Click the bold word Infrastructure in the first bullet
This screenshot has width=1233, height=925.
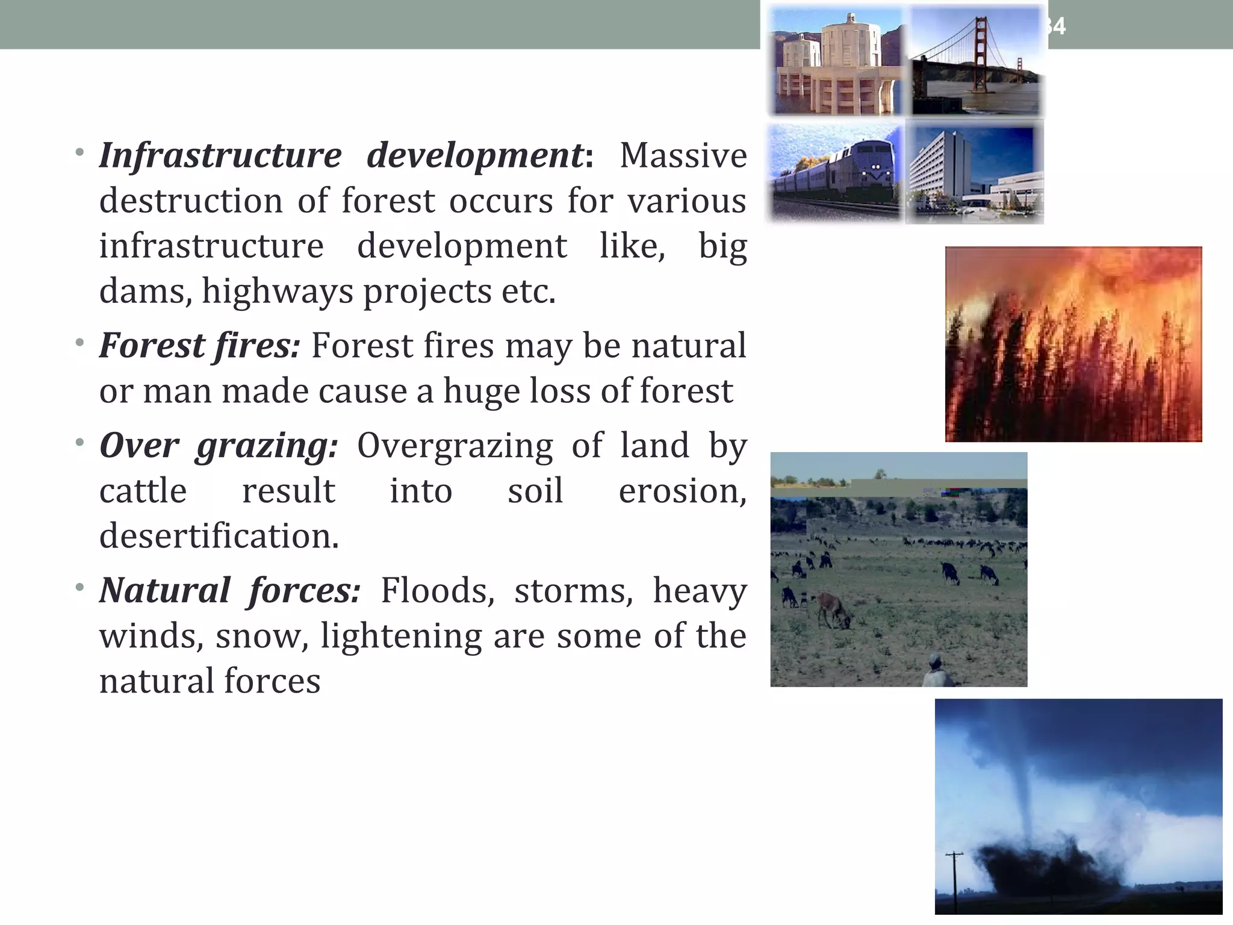220,156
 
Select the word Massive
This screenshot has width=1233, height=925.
683,156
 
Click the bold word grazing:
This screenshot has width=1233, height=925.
267,447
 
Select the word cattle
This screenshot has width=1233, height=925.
143,491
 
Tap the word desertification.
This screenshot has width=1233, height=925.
219,536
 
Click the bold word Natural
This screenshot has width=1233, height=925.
165,590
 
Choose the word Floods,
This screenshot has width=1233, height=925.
437,591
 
